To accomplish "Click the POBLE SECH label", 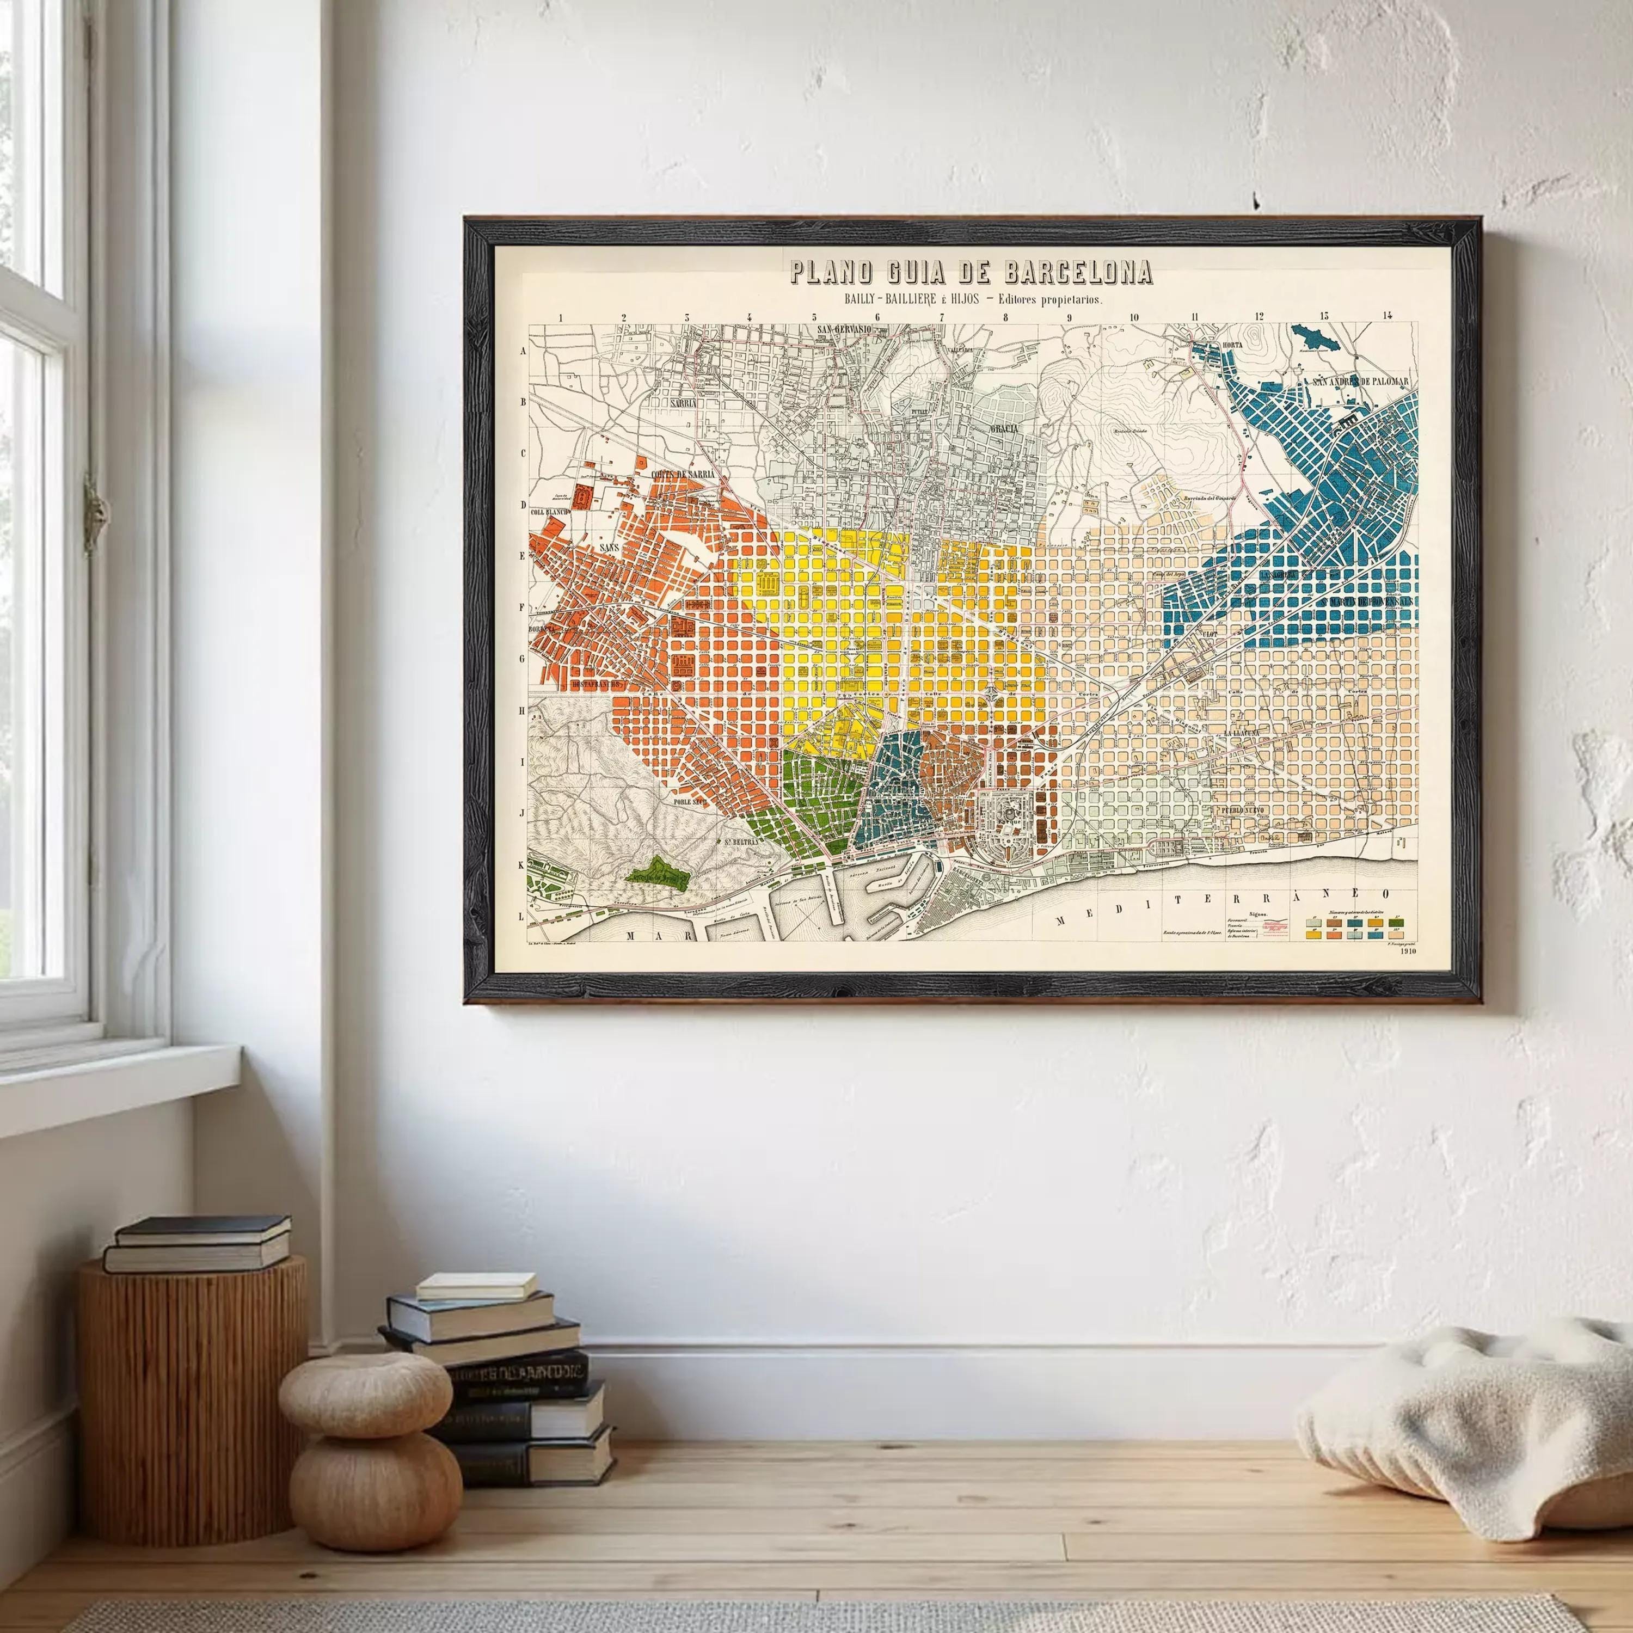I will tap(690, 800).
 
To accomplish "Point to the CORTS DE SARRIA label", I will tap(683, 474).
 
